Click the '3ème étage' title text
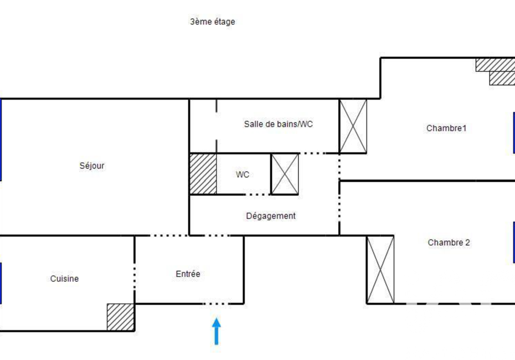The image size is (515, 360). point(213,22)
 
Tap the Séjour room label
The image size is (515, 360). point(92,166)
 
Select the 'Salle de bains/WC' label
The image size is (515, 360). point(278,124)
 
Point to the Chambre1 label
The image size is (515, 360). point(446,128)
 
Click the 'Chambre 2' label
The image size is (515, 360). point(449,243)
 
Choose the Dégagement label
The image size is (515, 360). point(271,216)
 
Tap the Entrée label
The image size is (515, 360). point(188,274)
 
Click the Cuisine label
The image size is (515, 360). point(64,279)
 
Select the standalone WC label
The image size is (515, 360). point(243,174)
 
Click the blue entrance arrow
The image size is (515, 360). point(217,331)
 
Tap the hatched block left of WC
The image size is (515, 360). point(203,174)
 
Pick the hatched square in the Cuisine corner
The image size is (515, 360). point(121,317)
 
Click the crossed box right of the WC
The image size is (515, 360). point(285,174)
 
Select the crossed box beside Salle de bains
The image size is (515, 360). point(353,126)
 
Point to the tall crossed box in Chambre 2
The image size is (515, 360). point(380,270)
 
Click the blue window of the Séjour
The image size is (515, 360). point(1,140)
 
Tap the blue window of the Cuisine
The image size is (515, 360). point(1,283)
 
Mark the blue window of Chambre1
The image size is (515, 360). point(514,133)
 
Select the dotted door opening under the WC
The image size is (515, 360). point(258,194)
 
